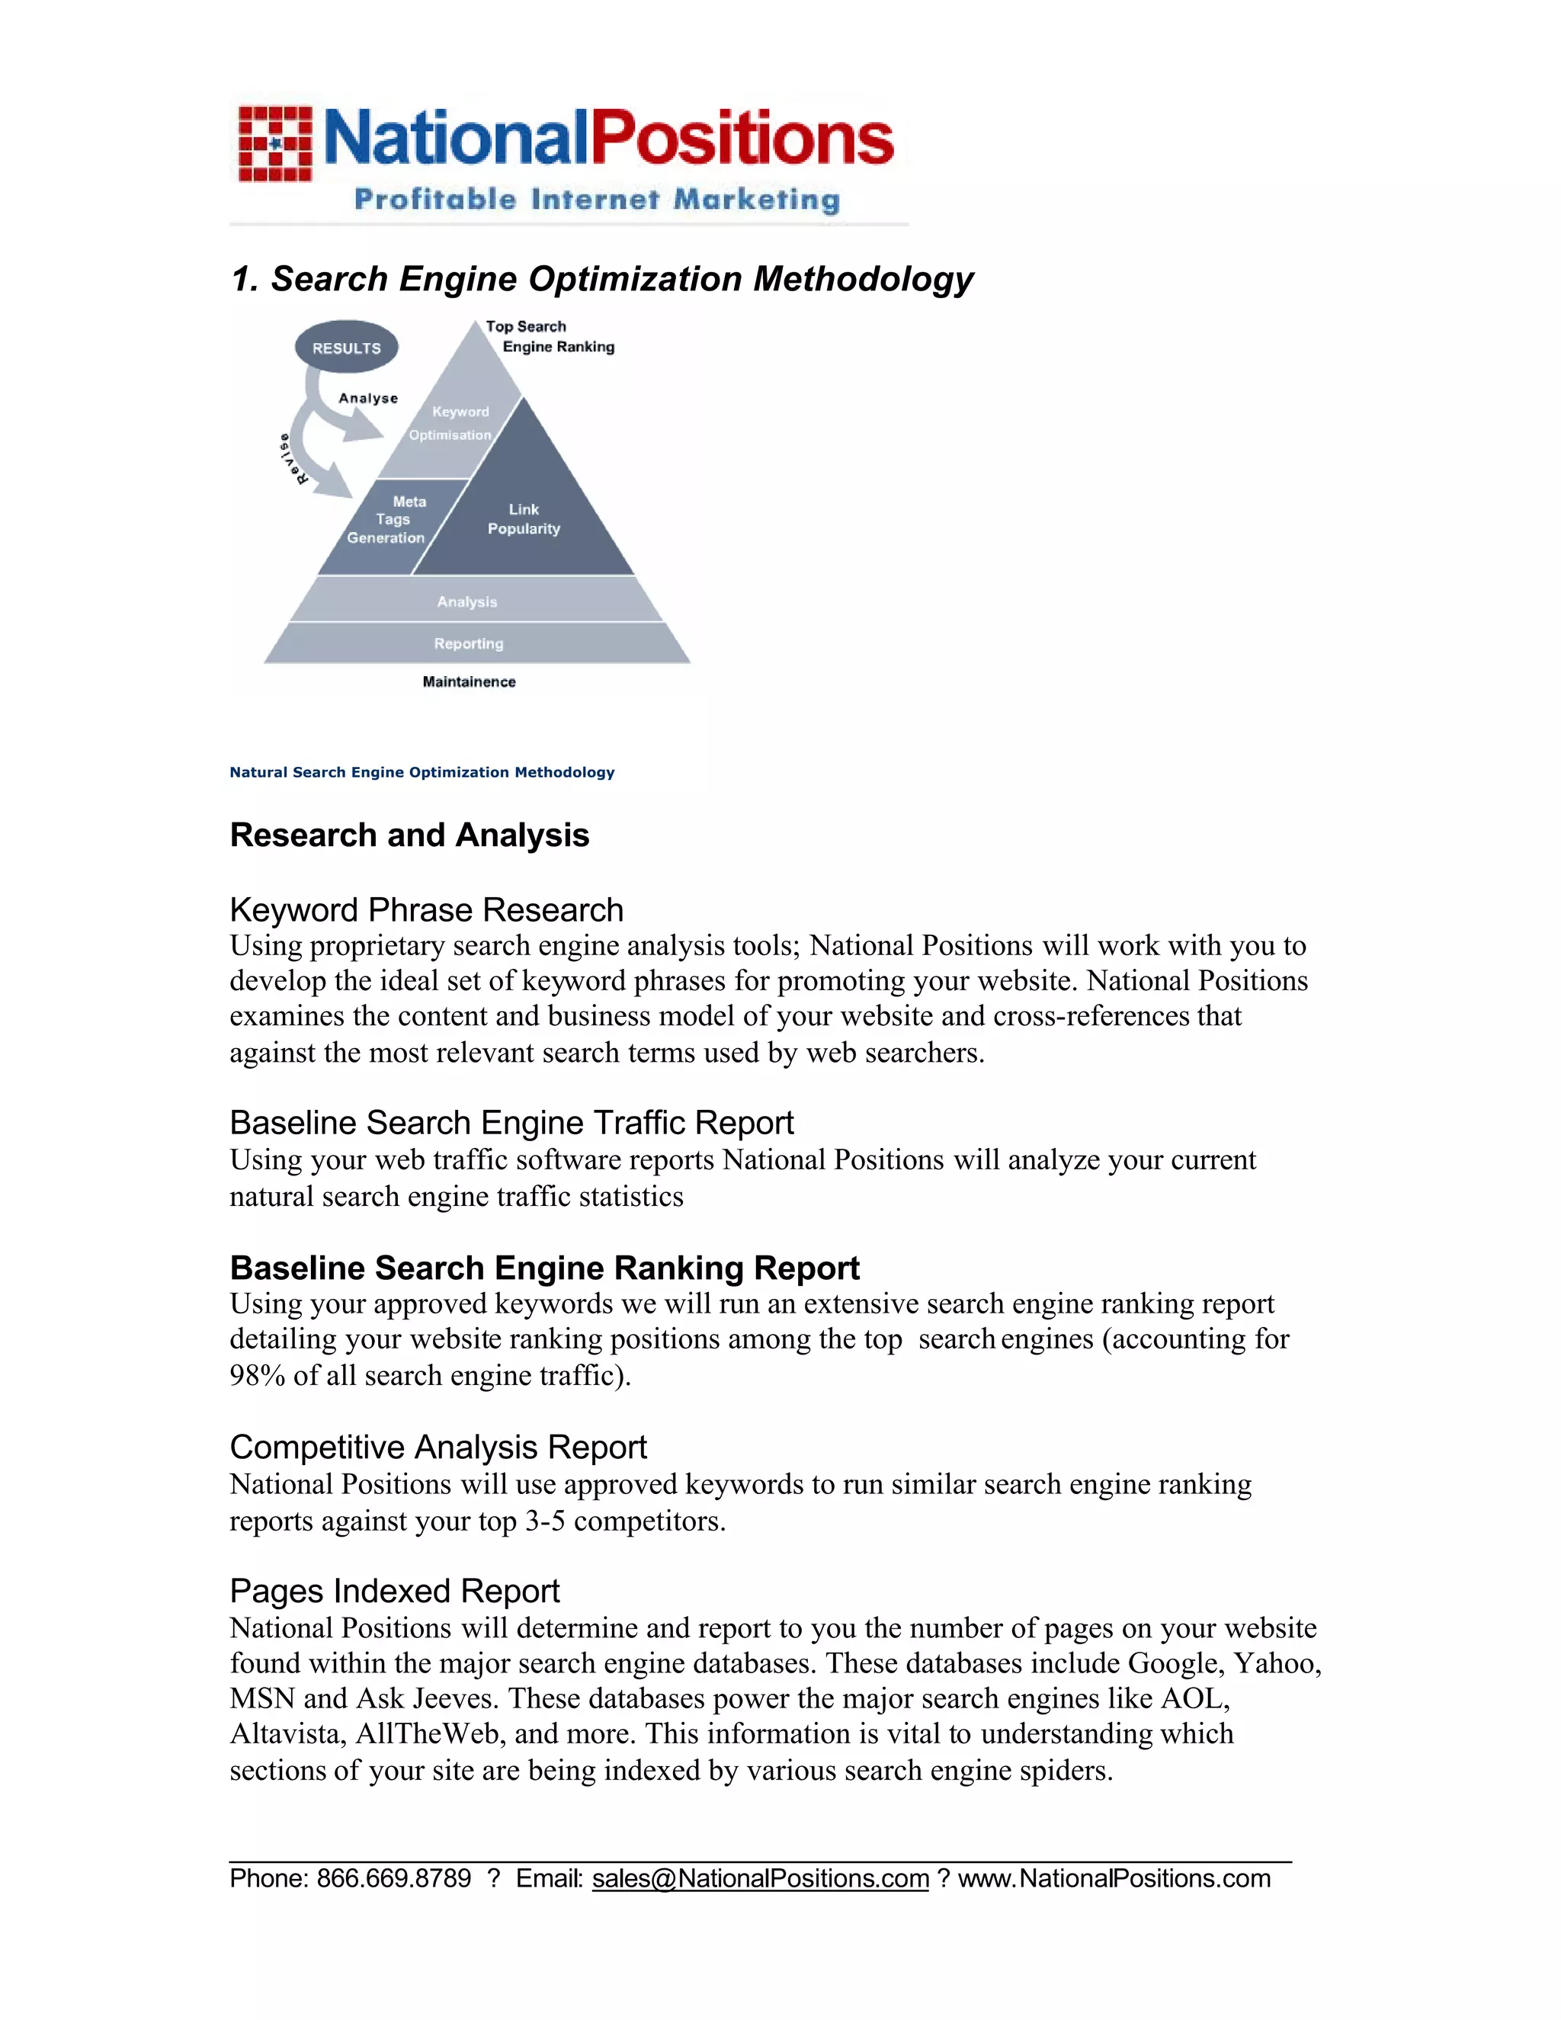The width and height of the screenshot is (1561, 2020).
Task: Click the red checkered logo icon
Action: (274, 144)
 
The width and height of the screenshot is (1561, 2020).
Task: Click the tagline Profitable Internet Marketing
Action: (597, 200)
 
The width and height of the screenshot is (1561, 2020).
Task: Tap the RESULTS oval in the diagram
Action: (347, 348)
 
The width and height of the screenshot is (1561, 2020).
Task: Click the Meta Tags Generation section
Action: (389, 520)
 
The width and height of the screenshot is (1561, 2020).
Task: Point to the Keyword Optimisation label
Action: (454, 424)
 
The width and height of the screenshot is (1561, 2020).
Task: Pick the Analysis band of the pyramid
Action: (468, 601)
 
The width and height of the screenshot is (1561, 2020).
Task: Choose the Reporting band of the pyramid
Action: (469, 643)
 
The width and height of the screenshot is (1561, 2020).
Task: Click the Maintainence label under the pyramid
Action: (469, 681)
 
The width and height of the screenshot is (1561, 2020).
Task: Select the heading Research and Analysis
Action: (409, 835)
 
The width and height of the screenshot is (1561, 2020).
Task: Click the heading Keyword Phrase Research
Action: (426, 910)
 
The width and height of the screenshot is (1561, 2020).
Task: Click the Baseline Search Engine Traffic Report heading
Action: (511, 1123)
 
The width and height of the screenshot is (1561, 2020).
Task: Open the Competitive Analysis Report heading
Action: (438, 1448)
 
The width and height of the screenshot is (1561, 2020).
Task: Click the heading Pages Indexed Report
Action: (394, 1591)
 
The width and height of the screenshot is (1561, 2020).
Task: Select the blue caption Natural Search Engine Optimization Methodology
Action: (422, 772)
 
